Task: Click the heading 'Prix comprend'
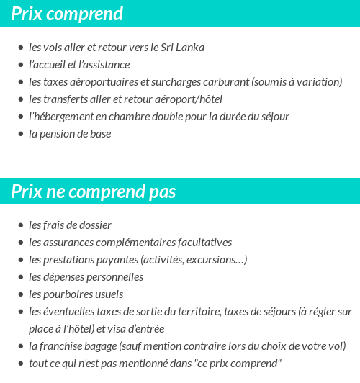[x=67, y=14]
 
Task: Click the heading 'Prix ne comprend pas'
[x=94, y=192]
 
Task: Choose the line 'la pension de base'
[x=70, y=134]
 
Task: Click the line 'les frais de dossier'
[x=70, y=225]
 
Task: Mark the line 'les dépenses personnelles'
[x=86, y=277]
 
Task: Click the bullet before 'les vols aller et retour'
[x=20, y=48]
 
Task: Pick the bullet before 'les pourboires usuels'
[x=20, y=295]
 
